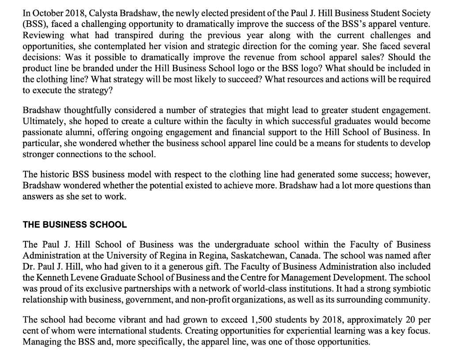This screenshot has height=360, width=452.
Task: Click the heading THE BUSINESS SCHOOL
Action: pos(75,224)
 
